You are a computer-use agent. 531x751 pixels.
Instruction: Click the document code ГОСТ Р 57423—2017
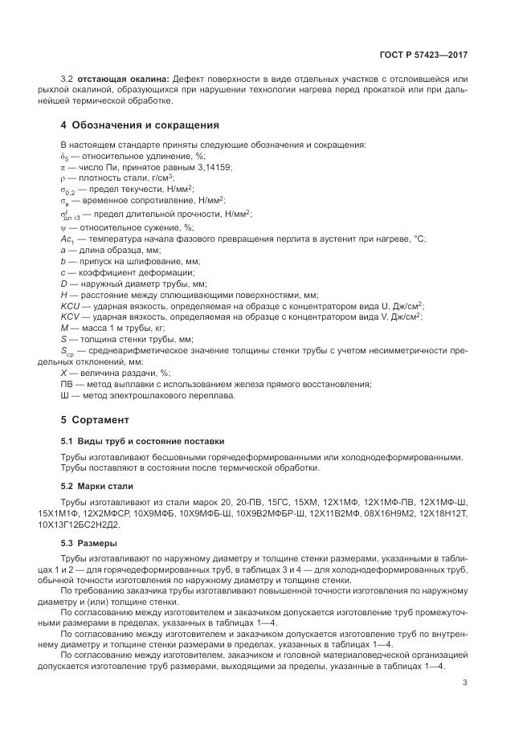point(423,55)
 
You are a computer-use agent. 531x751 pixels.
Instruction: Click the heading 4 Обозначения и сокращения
point(140,125)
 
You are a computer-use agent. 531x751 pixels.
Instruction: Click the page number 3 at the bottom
point(465,684)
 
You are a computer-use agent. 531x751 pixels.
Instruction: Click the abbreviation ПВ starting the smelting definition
point(67,384)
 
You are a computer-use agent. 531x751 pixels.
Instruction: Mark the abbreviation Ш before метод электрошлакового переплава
point(64,395)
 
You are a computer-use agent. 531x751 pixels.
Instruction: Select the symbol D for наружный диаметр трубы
point(64,284)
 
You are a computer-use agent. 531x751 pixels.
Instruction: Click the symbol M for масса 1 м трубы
point(64,328)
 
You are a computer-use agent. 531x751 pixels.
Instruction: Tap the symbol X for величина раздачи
point(64,373)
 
